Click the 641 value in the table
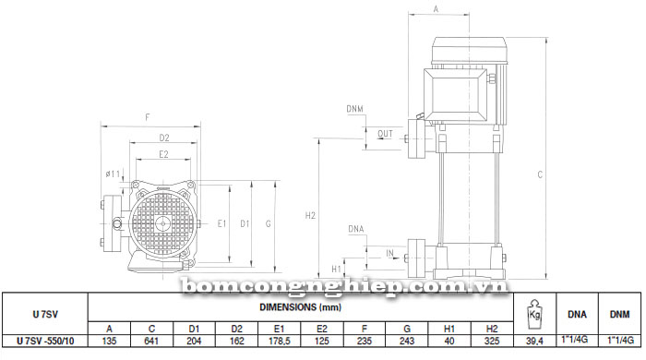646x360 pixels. click(151, 341)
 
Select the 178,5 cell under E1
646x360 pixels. click(280, 341)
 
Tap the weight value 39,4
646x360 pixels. click(534, 341)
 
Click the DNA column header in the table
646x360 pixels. click(577, 314)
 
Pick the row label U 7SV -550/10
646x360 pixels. click(45, 341)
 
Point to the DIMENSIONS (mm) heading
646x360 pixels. click(300, 306)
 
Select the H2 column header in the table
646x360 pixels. click(492, 329)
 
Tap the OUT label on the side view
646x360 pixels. click(385, 134)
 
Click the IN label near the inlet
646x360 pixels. click(389, 253)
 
